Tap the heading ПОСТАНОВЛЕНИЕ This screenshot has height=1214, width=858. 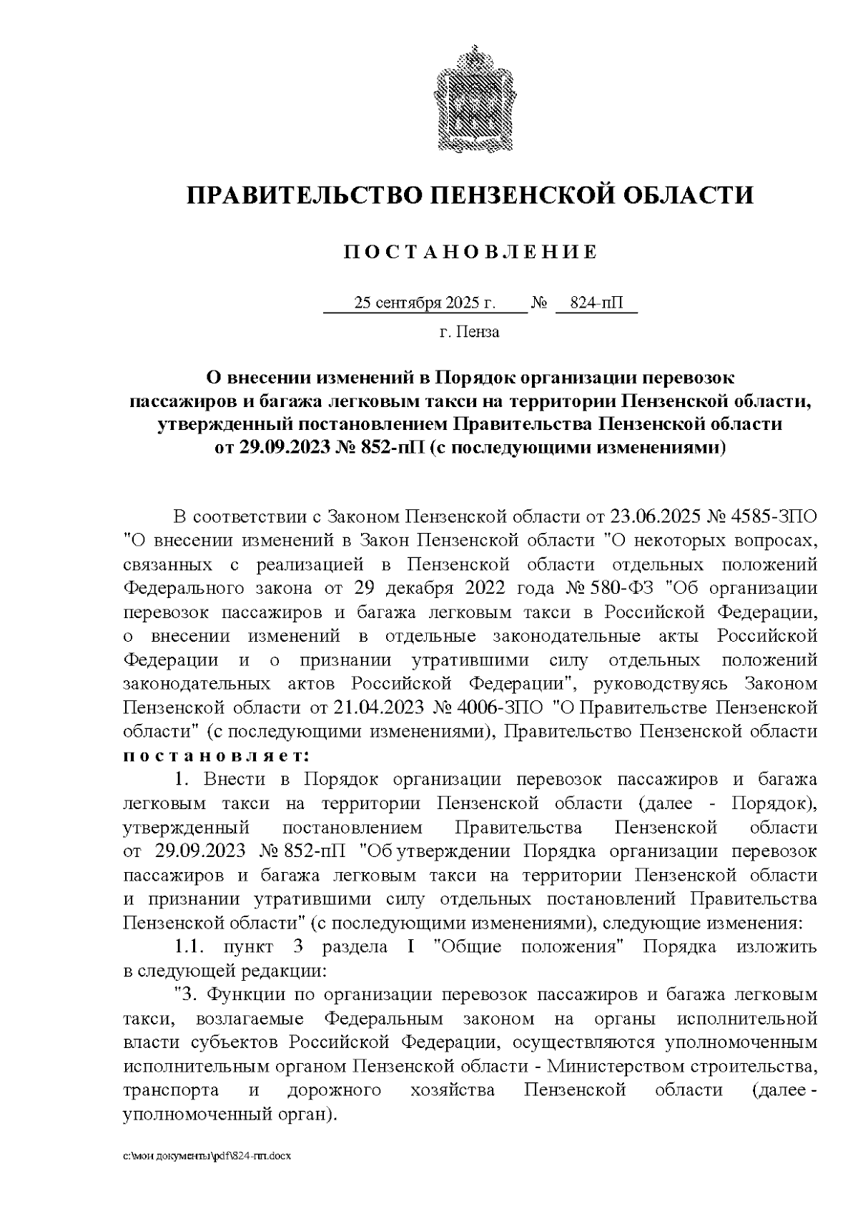coord(470,252)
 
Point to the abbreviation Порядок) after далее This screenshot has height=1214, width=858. coord(774,804)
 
